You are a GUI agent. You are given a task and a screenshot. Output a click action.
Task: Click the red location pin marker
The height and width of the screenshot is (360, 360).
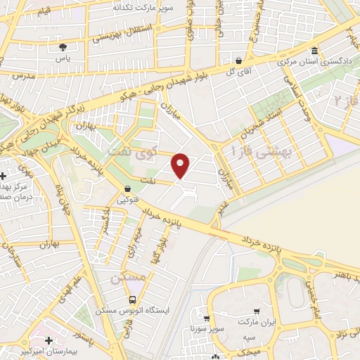[181, 165]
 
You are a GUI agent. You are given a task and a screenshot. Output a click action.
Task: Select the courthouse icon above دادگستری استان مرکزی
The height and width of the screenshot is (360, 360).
[314, 51]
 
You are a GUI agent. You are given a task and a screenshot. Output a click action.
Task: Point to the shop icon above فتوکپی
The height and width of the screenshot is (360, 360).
[127, 188]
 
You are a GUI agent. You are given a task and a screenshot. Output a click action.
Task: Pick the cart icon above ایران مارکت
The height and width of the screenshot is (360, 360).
[257, 311]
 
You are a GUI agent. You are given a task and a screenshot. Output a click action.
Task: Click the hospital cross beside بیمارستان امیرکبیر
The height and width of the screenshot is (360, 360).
[49, 340]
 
